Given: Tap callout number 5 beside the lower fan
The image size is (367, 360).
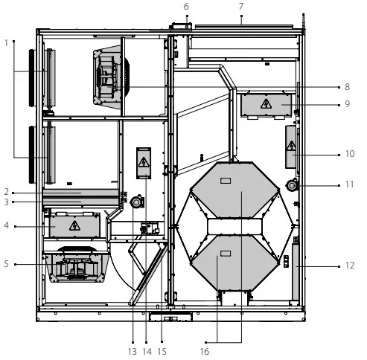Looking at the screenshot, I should [x=6, y=263].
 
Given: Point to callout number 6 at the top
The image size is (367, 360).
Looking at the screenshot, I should [x=186, y=7].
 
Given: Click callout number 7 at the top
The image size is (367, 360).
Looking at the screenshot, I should [x=240, y=7].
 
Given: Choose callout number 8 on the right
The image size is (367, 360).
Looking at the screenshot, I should [x=348, y=86].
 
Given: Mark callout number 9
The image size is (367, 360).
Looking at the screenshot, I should [x=348, y=105].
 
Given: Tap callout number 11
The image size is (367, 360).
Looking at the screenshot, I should [x=348, y=184].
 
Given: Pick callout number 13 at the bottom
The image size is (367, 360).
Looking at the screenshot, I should [x=132, y=351].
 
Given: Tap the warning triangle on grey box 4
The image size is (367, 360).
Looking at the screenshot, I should [x=74, y=225].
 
